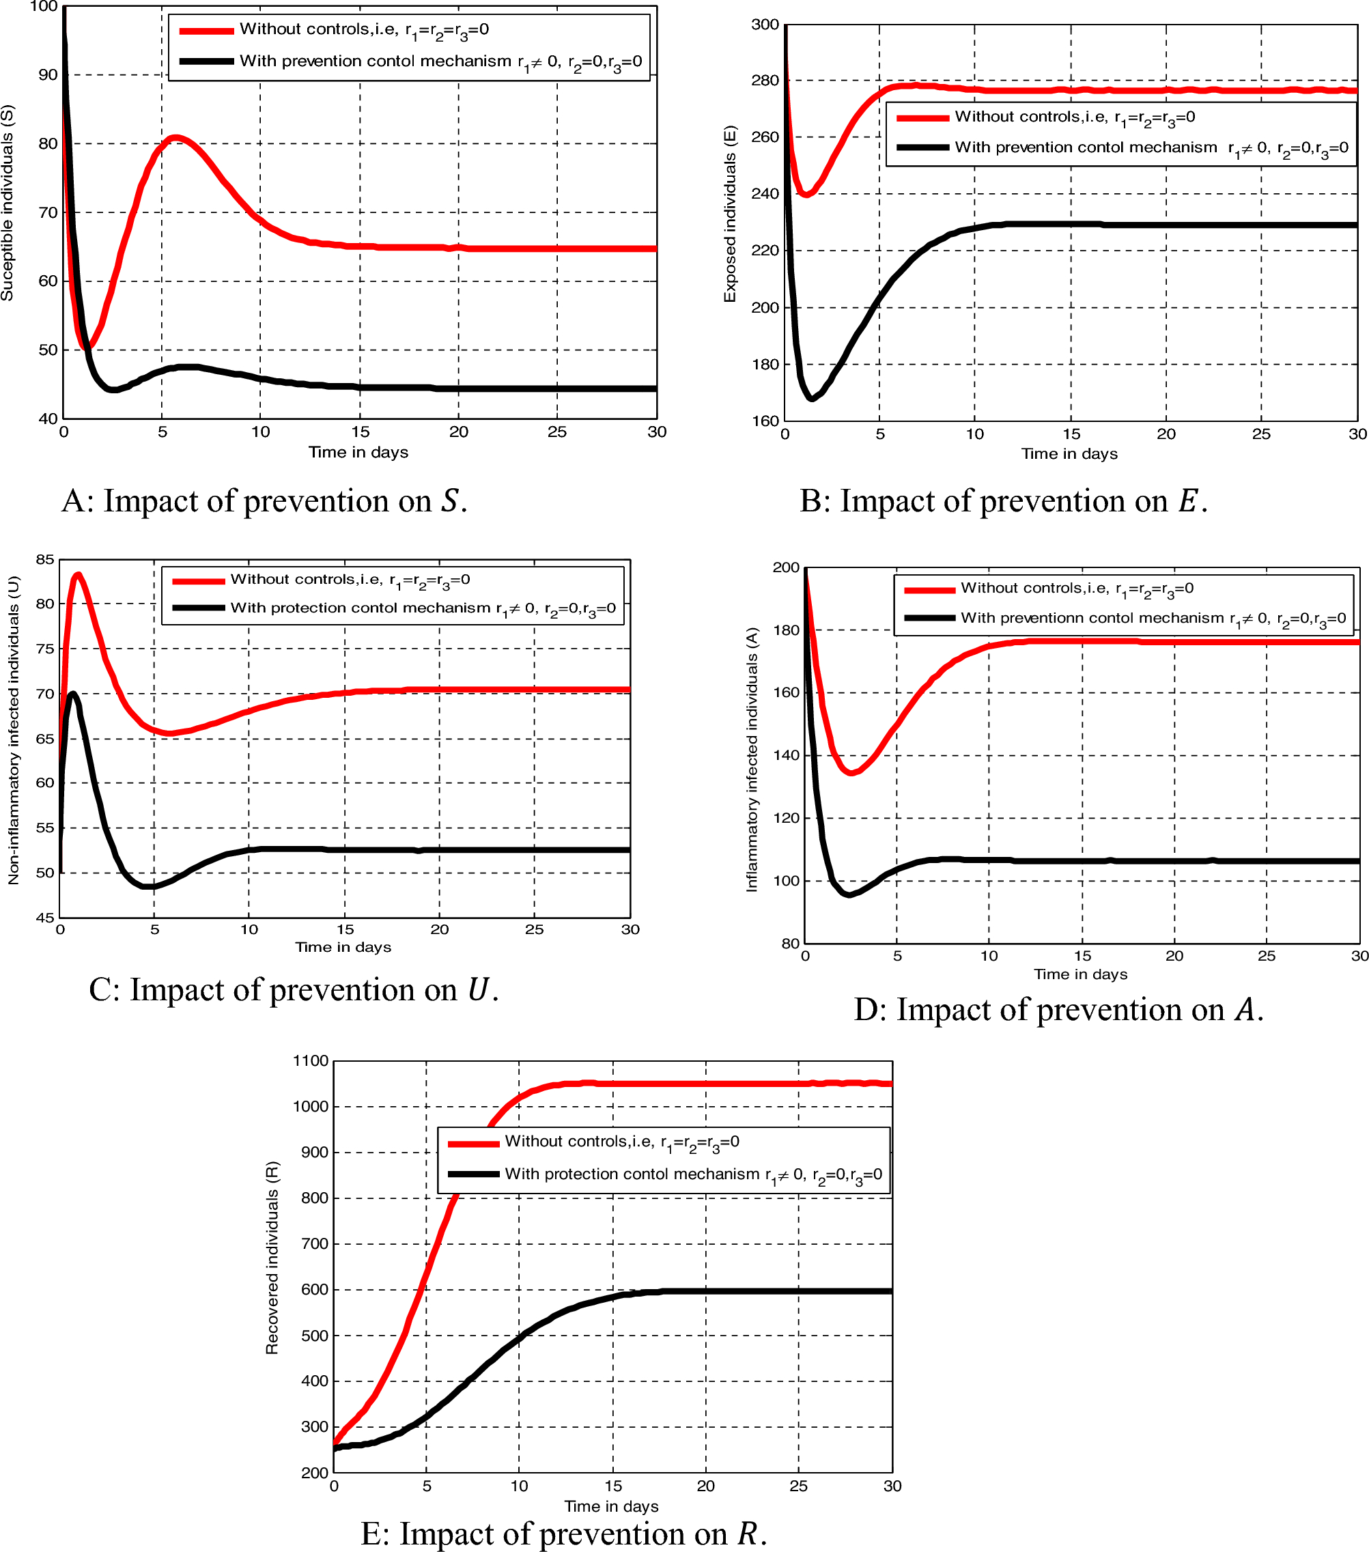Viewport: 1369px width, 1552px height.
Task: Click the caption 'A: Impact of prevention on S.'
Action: coord(264,501)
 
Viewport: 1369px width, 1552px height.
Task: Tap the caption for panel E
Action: coord(563,1533)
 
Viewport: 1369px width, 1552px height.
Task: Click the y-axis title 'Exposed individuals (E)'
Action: coord(730,214)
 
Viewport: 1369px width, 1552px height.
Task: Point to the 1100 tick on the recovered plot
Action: coord(311,1061)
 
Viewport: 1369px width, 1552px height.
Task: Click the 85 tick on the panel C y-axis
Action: coord(45,560)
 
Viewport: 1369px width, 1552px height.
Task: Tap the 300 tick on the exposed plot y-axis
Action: coord(765,25)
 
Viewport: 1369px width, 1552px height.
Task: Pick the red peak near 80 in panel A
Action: coord(175,137)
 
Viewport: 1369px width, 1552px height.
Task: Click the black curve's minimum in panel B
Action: coord(812,398)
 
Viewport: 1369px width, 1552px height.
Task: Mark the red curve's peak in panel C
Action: coord(77,575)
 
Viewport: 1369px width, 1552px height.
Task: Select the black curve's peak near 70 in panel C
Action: coord(73,693)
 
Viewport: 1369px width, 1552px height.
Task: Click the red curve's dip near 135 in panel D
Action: coord(851,772)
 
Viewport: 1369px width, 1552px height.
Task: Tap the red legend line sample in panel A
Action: coord(206,30)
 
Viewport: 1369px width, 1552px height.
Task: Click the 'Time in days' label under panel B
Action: coord(1069,454)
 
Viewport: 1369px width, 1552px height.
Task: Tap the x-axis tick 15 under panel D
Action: coord(1082,956)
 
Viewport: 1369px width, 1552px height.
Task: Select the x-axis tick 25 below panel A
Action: coord(556,432)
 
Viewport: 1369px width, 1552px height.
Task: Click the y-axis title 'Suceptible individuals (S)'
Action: coord(8,203)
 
